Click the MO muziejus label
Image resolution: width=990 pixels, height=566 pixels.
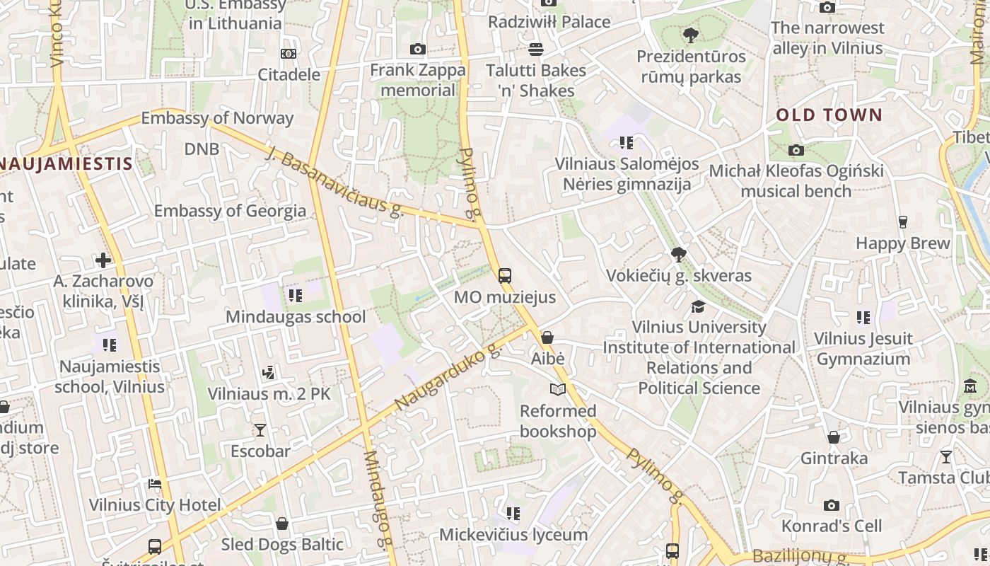[504, 297]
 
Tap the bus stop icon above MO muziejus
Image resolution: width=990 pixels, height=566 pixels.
[505, 276]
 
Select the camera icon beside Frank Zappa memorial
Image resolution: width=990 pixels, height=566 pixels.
[418, 49]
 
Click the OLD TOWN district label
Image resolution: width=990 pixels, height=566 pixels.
[829, 115]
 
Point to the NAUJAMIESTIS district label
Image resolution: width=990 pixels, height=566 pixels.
[66, 164]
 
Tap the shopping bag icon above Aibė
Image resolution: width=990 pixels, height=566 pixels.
[547, 338]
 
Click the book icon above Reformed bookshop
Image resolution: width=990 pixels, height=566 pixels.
[558, 389]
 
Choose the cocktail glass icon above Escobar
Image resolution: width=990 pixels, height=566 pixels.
[260, 429]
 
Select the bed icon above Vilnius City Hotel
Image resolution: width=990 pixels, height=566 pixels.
[155, 484]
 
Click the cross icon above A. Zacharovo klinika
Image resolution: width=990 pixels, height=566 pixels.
[103, 260]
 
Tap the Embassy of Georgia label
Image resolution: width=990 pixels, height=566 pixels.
[230, 211]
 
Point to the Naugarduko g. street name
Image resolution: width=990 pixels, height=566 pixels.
[447, 378]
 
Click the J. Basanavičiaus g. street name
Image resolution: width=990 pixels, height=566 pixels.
[334, 181]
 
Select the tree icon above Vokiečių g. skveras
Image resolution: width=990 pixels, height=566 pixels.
[679, 254]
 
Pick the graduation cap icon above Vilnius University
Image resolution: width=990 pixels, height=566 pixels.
[699, 306]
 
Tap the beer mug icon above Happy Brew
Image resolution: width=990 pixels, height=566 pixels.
[902, 222]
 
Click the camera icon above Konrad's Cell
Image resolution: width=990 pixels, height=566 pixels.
[832, 505]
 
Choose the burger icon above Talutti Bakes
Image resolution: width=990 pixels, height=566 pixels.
[536, 49]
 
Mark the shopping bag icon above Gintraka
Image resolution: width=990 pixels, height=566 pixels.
[834, 437]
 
